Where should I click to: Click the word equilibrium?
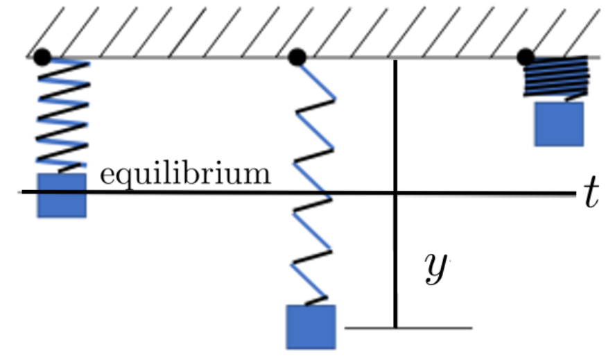click(x=185, y=175)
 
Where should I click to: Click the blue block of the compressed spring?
click(x=559, y=124)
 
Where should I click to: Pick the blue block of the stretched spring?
click(x=311, y=327)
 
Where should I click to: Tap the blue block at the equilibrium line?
click(x=62, y=196)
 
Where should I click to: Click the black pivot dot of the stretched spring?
click(x=297, y=58)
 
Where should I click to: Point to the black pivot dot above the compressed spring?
click(x=526, y=58)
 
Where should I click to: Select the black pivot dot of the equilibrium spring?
click(x=42, y=58)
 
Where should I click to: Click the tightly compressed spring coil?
click(x=556, y=78)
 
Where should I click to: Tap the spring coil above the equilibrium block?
click(x=63, y=116)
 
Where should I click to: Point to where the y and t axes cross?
click(x=395, y=193)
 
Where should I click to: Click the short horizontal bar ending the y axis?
click(x=408, y=328)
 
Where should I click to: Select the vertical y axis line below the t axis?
click(x=395, y=261)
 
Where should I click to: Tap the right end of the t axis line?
click(x=575, y=193)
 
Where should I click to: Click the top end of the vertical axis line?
click(x=395, y=60)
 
